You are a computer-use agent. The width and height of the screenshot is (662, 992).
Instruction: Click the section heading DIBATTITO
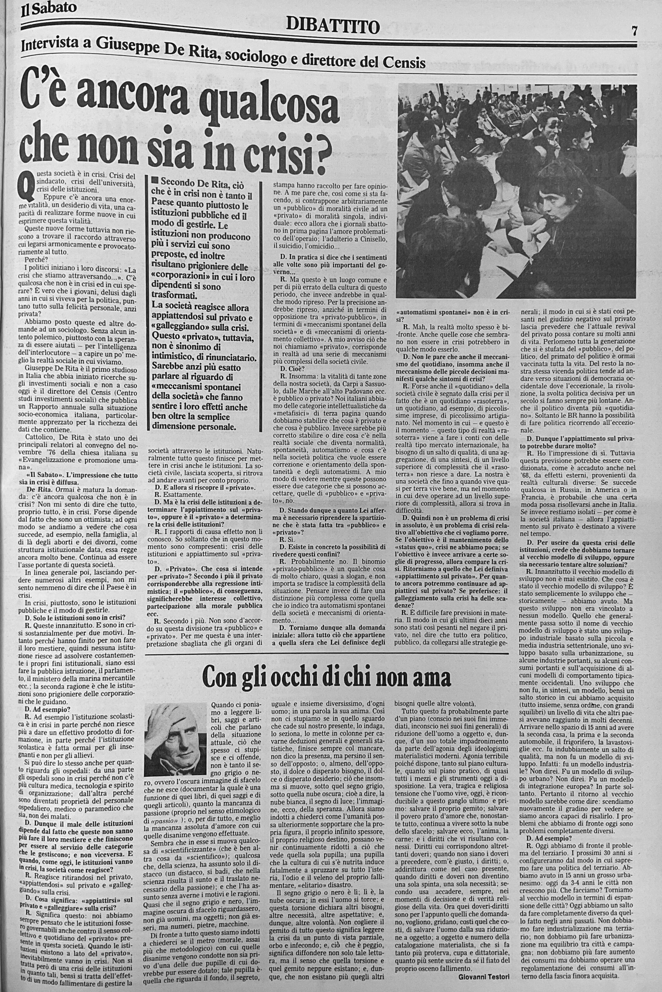(x=333, y=27)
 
